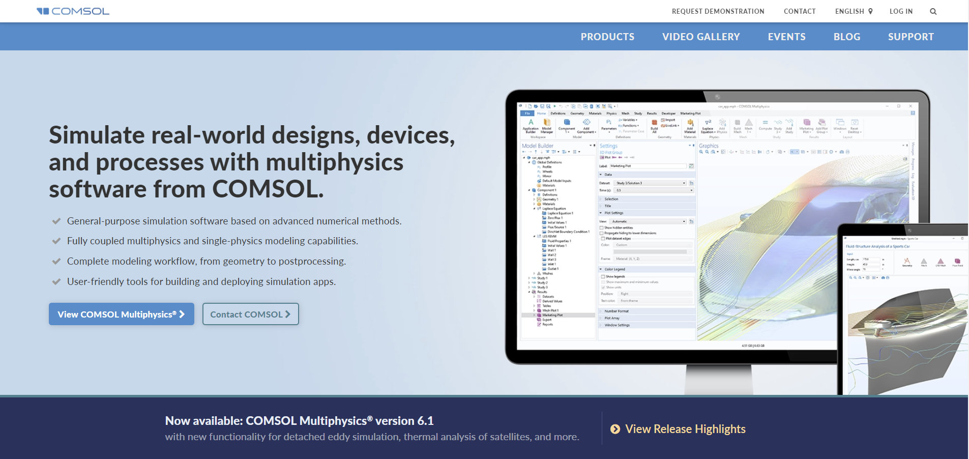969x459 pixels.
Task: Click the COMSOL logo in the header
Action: tap(73, 11)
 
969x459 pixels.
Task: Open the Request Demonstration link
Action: tap(718, 11)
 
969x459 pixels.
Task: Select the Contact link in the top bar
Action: tap(800, 11)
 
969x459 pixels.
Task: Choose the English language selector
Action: tap(854, 11)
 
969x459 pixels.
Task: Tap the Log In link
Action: tap(901, 11)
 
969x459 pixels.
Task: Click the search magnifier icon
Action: tap(933, 11)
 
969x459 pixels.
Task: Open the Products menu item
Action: tap(607, 37)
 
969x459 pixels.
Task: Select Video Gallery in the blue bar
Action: tap(701, 37)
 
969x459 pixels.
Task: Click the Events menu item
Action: tap(786, 37)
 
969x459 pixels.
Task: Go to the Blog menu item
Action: tap(846, 37)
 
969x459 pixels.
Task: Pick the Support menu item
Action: tap(911, 37)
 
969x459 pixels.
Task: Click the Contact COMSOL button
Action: tap(250, 314)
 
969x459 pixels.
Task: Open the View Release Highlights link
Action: tap(685, 429)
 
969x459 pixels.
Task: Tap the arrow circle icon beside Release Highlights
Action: tap(615, 429)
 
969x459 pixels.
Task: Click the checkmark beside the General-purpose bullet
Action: tap(56, 221)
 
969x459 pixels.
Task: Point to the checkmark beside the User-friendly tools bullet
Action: tap(56, 282)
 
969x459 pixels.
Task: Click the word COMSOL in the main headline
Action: tap(268, 189)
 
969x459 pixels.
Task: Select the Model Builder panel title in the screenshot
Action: tap(538, 146)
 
